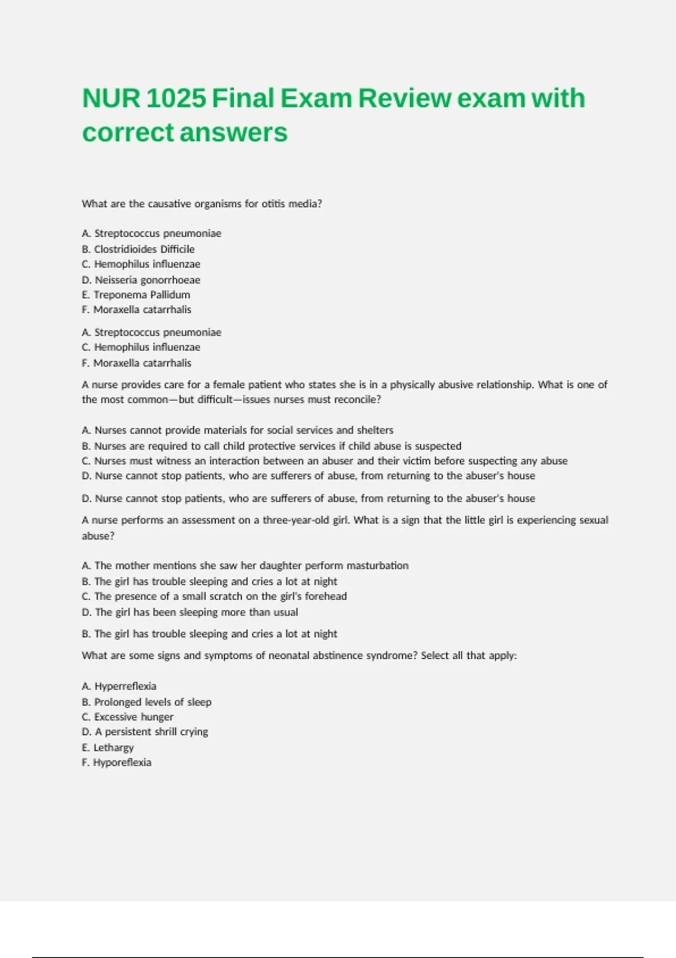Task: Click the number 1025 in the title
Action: [176, 99]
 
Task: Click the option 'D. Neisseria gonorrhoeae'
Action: [141, 280]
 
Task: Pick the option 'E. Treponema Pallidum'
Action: [136, 295]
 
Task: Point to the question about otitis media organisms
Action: [202, 204]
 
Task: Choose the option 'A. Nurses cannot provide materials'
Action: [237, 431]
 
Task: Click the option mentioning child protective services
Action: [271, 446]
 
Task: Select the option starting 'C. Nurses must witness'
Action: [324, 461]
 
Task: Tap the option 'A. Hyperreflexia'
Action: [119, 686]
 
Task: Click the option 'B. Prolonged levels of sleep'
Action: [146, 702]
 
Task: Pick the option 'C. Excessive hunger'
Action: [127, 717]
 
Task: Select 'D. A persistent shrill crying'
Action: [145, 732]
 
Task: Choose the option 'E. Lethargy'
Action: [108, 748]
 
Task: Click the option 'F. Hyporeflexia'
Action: [117, 762]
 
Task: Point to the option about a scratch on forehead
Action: [214, 596]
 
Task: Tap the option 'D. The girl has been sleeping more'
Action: [190, 612]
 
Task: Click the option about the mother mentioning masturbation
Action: [245, 566]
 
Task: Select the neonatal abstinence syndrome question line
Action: [299, 656]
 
